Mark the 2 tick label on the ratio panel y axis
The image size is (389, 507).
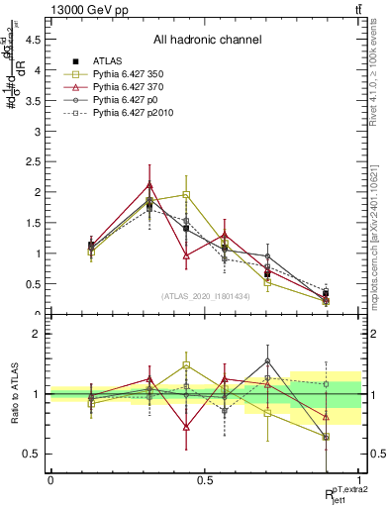(x=37, y=334)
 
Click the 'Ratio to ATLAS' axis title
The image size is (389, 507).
(x=13, y=394)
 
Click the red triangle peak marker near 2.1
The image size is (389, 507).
(x=149, y=185)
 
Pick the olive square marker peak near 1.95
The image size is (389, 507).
(x=186, y=195)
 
